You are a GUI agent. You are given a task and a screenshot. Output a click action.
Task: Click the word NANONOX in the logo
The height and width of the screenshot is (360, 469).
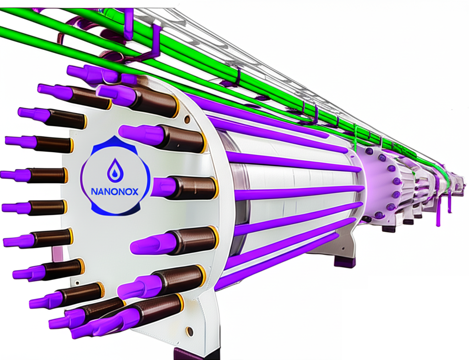[x=115, y=191]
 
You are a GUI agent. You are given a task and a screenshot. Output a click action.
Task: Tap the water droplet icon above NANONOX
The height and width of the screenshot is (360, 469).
[x=115, y=170]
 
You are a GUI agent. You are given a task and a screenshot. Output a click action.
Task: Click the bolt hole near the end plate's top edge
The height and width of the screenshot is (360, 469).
[x=187, y=120]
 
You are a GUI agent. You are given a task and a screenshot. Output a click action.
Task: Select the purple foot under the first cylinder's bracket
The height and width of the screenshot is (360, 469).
[x=344, y=262]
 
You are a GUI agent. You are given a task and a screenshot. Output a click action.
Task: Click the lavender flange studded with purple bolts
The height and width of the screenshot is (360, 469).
[x=379, y=185]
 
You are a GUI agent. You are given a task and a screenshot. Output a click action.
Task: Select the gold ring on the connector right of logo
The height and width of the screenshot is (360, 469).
[x=215, y=188]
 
